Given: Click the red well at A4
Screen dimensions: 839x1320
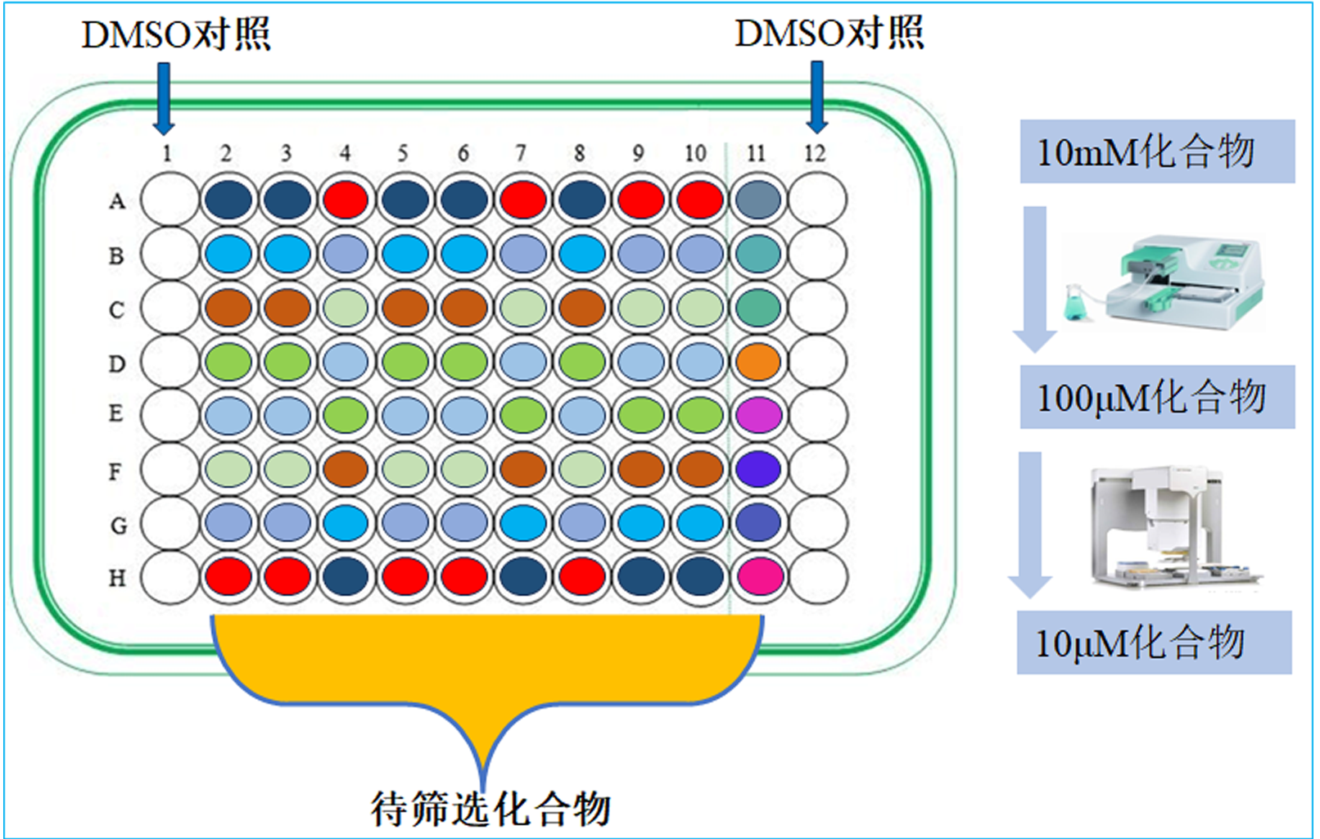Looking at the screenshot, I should pos(346,200).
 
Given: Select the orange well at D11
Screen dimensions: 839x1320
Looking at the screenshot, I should pos(758,362).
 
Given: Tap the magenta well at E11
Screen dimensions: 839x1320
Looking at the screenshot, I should pos(758,415).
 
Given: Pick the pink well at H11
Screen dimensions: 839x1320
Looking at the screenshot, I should pos(758,576).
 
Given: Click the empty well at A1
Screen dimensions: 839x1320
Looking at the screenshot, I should pos(169,200).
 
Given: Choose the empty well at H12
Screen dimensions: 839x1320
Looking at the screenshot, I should pos(817,576).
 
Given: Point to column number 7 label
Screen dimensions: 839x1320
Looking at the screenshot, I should pos(521,153).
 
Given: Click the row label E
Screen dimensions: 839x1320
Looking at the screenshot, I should pos(116,413).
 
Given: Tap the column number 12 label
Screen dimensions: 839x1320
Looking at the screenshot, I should pos(814,153).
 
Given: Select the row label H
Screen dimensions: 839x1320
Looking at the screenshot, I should pos(117,578).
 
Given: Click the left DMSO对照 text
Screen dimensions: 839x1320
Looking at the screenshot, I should pos(175,34).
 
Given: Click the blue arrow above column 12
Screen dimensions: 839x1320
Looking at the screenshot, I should pos(816,97).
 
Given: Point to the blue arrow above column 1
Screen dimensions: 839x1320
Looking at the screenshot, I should pos(164,97).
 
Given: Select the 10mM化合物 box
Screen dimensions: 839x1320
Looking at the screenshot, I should pos(1156,151).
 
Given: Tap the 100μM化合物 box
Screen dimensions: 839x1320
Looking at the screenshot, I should pos(1156,397).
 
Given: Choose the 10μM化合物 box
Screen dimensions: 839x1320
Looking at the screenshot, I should pos(1153,643).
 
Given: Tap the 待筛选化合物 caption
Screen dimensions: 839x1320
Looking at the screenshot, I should pos(490,808).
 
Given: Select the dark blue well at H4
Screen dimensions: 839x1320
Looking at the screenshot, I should pos(346,576).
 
